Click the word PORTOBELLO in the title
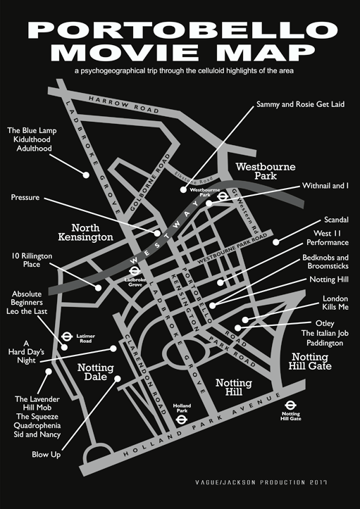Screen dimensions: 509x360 point(180,31)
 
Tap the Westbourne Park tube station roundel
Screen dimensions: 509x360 point(222,197)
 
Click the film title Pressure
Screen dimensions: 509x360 point(25,198)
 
